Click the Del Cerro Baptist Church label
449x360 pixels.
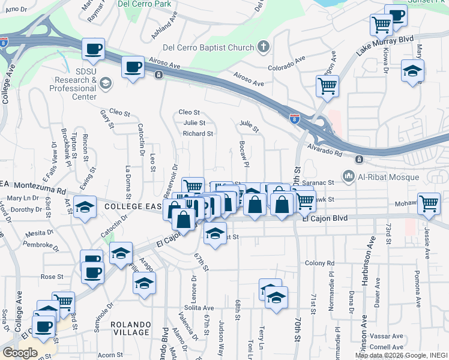(x=209, y=47)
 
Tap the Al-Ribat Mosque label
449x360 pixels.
(x=388, y=176)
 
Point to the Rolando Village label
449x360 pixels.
(x=131, y=328)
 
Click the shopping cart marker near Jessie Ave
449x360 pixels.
(x=429, y=204)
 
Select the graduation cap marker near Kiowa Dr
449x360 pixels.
(x=412, y=71)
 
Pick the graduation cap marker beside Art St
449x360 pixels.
(x=85, y=208)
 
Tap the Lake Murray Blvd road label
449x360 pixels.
(x=385, y=46)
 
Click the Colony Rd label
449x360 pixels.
(x=319, y=263)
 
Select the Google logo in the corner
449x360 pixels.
(x=19, y=352)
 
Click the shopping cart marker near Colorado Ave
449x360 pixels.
(x=327, y=86)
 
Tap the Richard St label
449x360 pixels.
(x=198, y=134)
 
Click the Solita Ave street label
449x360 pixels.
(x=182, y=307)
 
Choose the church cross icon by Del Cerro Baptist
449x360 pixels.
(x=263, y=46)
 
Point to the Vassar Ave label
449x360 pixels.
(x=385, y=336)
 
